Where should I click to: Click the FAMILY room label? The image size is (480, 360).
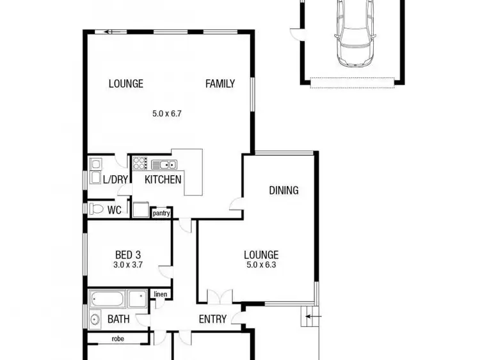point(220,84)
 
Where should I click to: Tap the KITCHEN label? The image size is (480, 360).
point(163,180)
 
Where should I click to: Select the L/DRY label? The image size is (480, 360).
point(115,180)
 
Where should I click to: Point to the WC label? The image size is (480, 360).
point(115,210)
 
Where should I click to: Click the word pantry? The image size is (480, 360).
point(161,214)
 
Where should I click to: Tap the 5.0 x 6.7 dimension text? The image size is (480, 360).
point(168,114)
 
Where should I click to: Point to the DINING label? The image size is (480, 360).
point(284,190)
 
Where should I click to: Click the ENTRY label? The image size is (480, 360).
point(212,319)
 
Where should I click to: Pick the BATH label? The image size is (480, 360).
point(118,319)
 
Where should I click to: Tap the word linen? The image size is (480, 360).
point(160,294)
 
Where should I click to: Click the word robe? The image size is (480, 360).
point(118,339)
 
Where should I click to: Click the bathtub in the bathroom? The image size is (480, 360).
point(109,299)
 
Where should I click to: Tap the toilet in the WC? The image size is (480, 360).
point(96,209)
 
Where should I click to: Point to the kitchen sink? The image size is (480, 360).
point(164,165)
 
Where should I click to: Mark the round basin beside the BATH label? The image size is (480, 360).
point(95,319)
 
